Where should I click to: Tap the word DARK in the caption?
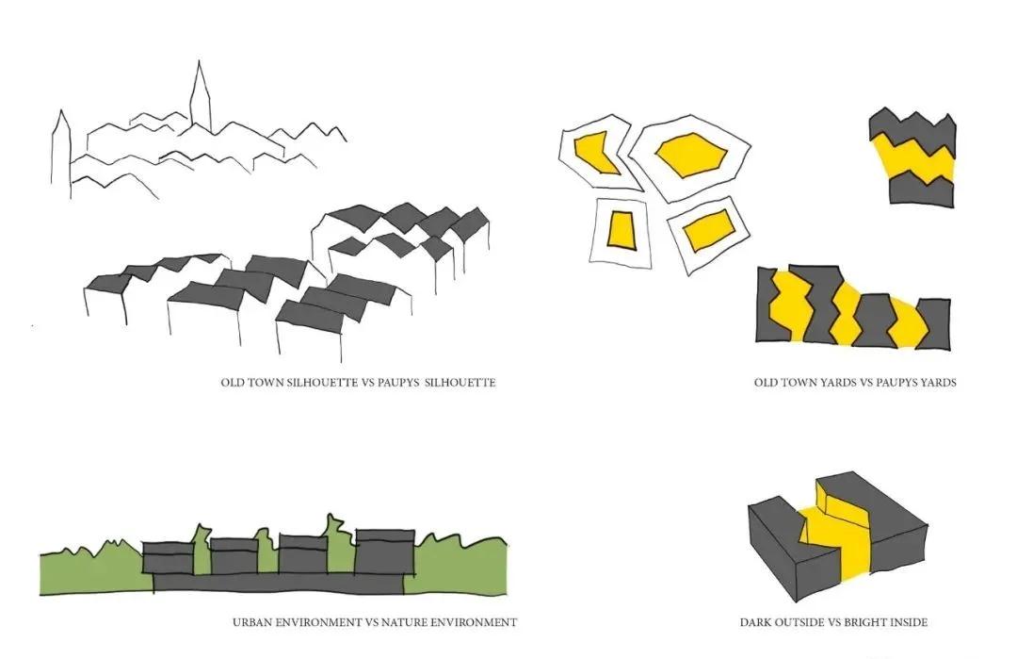tap(755, 622)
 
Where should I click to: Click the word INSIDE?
tap(908, 622)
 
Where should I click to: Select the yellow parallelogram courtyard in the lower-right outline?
tap(708, 229)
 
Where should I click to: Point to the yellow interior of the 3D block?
tap(833, 533)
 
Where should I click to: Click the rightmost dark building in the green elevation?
tap(383, 552)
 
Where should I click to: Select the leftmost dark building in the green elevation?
tap(168, 557)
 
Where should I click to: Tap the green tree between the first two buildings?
tap(201, 552)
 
